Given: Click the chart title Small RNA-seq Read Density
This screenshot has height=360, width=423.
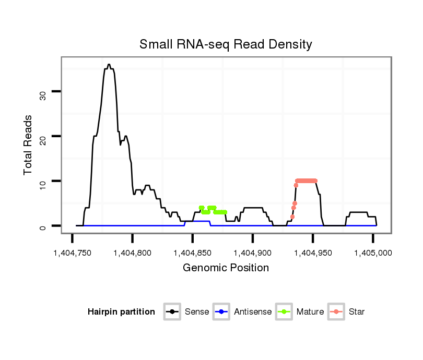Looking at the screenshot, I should [x=226, y=44].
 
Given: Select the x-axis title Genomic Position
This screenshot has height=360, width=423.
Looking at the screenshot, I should [x=226, y=268].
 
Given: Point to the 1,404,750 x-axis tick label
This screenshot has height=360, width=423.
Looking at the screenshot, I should [x=72, y=253].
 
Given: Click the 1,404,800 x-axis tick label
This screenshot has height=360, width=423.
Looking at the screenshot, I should [x=132, y=253].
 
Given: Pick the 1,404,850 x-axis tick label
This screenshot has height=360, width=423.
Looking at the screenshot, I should [x=193, y=253].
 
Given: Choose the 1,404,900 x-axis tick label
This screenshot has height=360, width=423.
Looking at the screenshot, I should [x=253, y=253].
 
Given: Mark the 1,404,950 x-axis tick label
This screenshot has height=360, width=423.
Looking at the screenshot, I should [x=313, y=253].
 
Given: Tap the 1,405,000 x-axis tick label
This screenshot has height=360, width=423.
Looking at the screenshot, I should [x=373, y=253].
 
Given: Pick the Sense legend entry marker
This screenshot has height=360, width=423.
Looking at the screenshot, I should [x=172, y=312].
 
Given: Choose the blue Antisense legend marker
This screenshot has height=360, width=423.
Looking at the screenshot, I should [x=222, y=312].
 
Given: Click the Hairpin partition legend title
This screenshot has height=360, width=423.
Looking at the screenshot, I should [x=121, y=312].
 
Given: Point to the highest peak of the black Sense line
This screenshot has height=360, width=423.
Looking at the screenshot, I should [x=109, y=65].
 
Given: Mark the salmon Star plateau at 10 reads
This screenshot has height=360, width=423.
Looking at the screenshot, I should [x=306, y=181].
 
